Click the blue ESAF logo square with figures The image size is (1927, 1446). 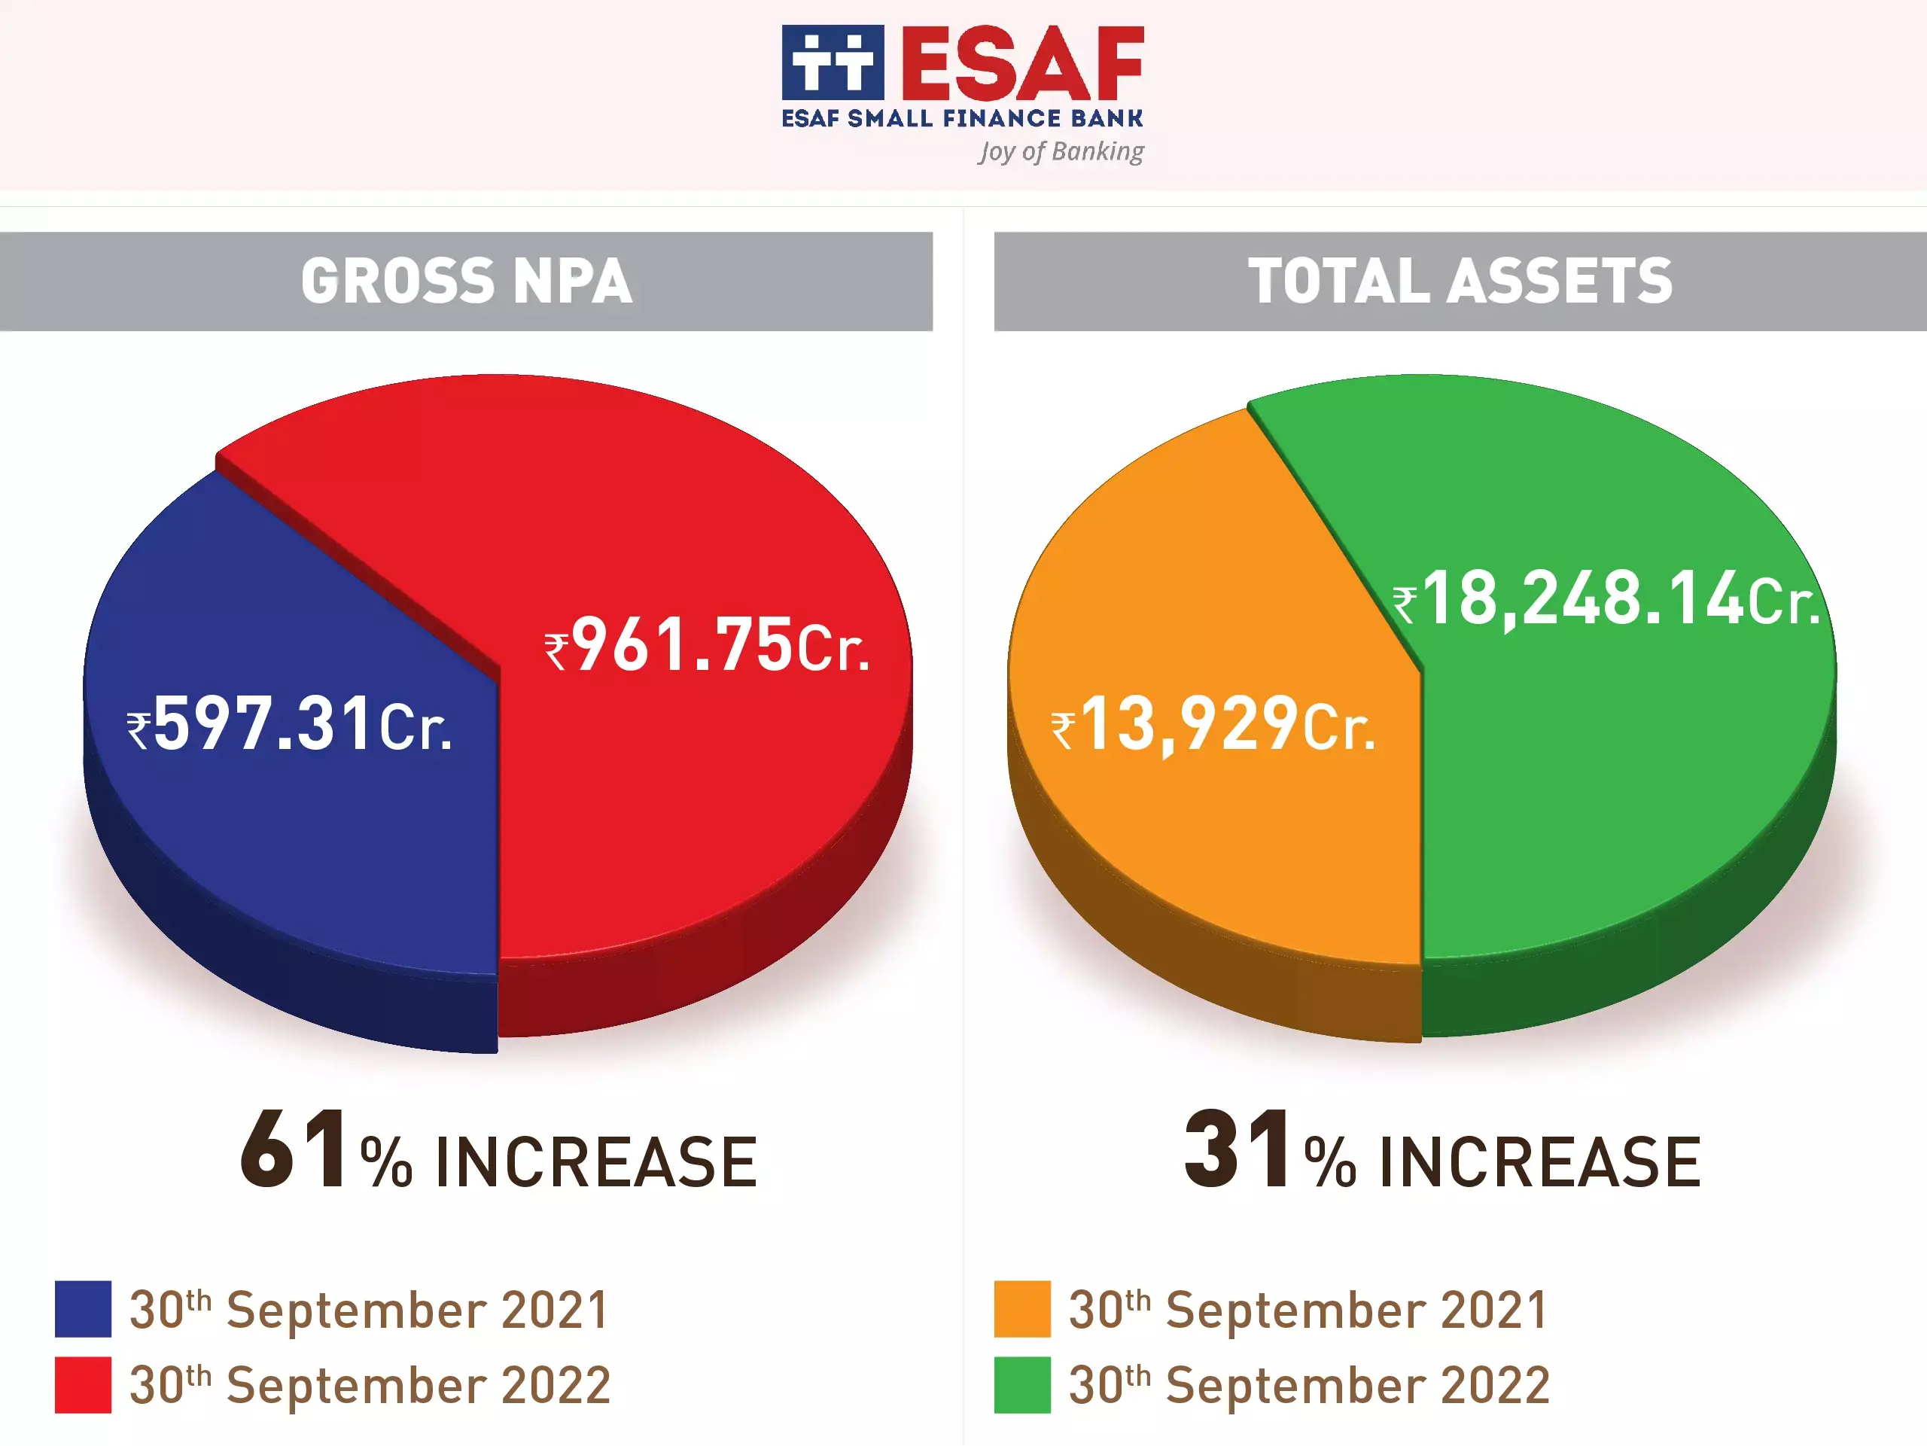tap(832, 62)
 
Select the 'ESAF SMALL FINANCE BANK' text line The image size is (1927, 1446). tap(962, 118)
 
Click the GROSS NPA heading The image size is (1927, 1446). tap(466, 282)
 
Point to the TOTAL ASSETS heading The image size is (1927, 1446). tap(1460, 282)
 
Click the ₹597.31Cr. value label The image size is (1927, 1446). tap(289, 724)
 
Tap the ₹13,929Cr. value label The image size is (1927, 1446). tap(1213, 724)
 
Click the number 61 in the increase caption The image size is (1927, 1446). tap(294, 1150)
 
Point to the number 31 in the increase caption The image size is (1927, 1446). tap(1237, 1150)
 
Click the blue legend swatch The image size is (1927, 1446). tap(83, 1308)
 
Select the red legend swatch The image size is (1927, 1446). tap(83, 1384)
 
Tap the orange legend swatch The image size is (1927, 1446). tap(1022, 1308)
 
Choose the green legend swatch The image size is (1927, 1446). tap(1022, 1384)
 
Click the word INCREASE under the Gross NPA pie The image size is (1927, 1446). tap(596, 1162)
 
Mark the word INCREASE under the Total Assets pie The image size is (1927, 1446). tap(1539, 1162)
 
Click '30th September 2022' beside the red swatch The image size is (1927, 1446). tap(370, 1385)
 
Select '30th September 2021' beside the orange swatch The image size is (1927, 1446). tap(1307, 1309)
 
